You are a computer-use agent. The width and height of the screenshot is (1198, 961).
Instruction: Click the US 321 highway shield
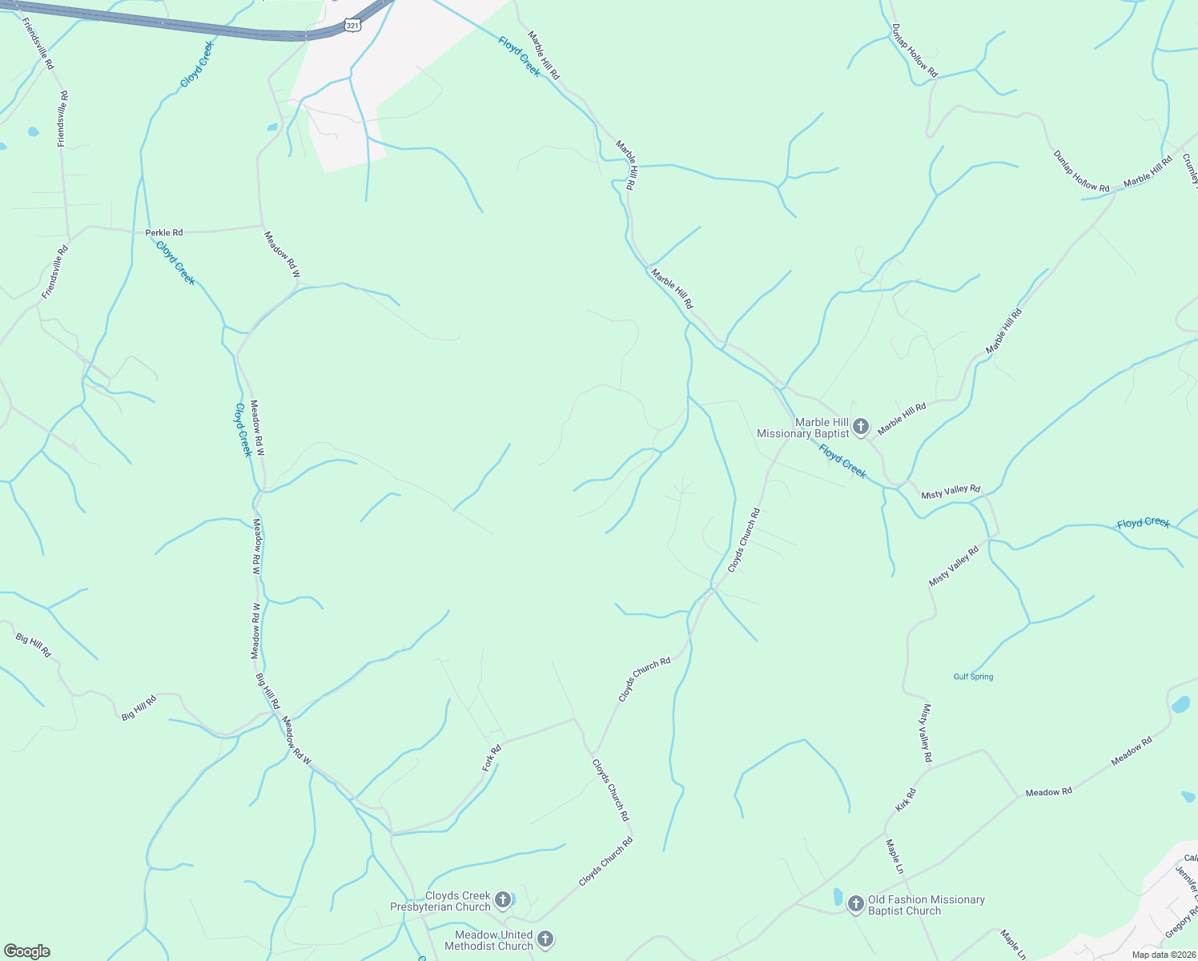pyautogui.click(x=353, y=26)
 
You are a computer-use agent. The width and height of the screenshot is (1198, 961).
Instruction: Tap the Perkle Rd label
pyautogui.click(x=164, y=233)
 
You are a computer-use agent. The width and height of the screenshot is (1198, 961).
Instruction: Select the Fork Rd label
pyautogui.click(x=492, y=758)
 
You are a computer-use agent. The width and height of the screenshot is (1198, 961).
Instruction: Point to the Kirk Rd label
pyautogui.click(x=905, y=800)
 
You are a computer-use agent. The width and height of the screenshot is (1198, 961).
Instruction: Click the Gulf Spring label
pyautogui.click(x=973, y=677)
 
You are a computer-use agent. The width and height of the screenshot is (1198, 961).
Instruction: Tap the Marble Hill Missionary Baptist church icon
pyautogui.click(x=861, y=427)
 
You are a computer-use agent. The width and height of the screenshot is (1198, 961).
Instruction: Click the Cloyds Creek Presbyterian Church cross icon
pyautogui.click(x=503, y=900)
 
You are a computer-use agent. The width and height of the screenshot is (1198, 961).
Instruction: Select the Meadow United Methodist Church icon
pyautogui.click(x=545, y=939)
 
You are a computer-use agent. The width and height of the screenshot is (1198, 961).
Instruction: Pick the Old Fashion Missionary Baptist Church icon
pyautogui.click(x=856, y=905)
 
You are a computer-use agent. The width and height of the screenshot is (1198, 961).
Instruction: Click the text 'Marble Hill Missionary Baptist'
pyautogui.click(x=802, y=428)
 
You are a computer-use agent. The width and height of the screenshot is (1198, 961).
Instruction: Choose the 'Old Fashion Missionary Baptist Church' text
pyautogui.click(x=927, y=905)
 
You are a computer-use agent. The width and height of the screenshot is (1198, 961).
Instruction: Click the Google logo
pyautogui.click(x=27, y=951)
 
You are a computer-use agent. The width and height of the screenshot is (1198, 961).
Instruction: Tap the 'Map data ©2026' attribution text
pyautogui.click(x=1161, y=955)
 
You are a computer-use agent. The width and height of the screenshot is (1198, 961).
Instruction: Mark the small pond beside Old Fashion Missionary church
pyautogui.click(x=838, y=896)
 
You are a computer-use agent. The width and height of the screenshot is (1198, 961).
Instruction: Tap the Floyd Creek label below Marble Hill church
pyautogui.click(x=842, y=462)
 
